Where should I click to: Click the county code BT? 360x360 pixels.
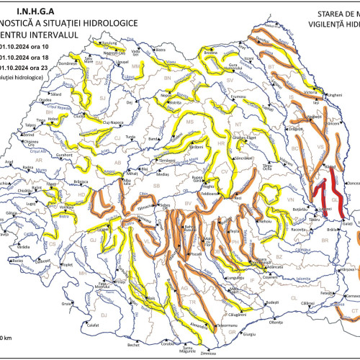271,66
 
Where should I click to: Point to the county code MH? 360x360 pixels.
81,274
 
